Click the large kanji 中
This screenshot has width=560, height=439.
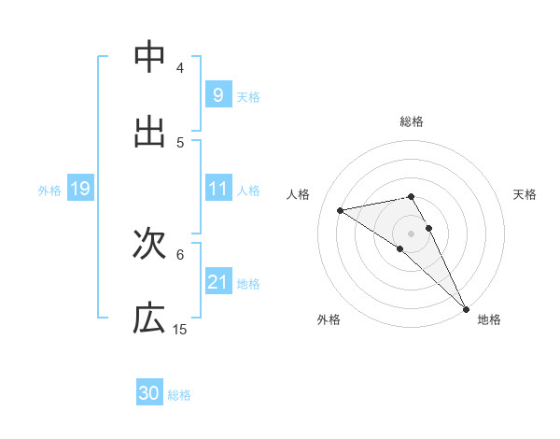pos(149,57)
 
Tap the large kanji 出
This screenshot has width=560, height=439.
pos(149,132)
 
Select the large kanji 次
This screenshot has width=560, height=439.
pos(149,244)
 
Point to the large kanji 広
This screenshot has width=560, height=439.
pos(149,319)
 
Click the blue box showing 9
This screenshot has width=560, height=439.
pos(217,95)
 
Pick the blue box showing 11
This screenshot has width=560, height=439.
pos(217,189)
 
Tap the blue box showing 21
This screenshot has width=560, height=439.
pos(217,282)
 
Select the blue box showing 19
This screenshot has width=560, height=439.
pos(79,189)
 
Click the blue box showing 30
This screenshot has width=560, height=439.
pos(149,393)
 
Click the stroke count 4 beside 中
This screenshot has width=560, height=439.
pos(180,68)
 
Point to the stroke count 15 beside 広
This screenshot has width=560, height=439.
pos(180,330)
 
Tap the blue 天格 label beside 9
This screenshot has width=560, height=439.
pos(248,96)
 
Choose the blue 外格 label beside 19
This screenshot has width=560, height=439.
pos(49,190)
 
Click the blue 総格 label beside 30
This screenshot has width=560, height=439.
pos(179,394)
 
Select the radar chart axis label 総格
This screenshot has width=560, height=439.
pos(412,122)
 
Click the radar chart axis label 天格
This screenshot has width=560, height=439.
pos(525,194)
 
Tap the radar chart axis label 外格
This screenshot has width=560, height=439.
pos(329,319)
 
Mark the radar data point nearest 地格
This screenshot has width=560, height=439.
pos(467,308)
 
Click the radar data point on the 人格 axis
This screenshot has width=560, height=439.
pos(340,210)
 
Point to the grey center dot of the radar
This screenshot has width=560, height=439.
pos(411,233)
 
